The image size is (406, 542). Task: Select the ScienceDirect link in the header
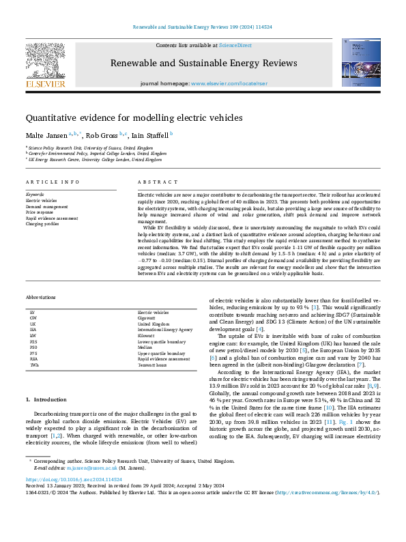point(235,45)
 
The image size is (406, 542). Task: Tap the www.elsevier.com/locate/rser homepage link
point(227,83)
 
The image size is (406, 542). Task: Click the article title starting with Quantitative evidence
point(134,117)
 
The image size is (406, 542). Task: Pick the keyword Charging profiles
point(42,223)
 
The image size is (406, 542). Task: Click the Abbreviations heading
point(42,298)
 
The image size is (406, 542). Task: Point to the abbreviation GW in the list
point(33,317)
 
